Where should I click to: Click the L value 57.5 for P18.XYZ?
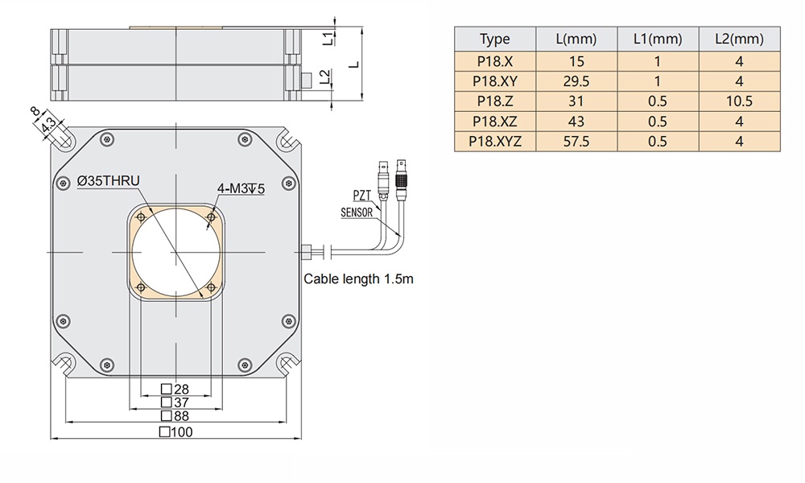(576, 142)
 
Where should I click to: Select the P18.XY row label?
(494, 80)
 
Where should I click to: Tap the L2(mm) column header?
(739, 39)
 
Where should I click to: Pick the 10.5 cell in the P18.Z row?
(739, 101)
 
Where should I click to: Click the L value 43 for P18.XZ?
(576, 121)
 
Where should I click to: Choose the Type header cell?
(494, 39)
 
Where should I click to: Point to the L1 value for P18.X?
(658, 60)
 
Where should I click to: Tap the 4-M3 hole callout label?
(241, 188)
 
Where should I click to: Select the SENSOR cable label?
(357, 213)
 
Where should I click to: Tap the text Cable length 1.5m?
(358, 280)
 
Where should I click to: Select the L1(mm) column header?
(658, 39)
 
